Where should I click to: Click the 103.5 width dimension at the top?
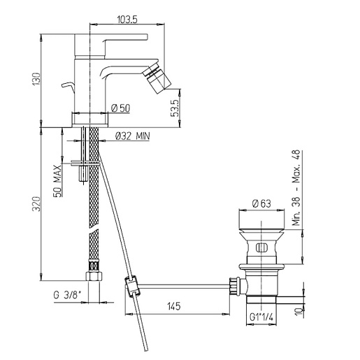click(127, 20)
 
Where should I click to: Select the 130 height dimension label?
click(36, 79)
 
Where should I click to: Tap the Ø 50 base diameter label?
click(120, 108)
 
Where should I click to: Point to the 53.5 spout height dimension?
click(175, 108)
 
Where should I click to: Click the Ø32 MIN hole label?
click(133, 136)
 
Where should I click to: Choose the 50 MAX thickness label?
click(57, 181)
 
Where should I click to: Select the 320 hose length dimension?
click(36, 204)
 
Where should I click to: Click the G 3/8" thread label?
click(67, 295)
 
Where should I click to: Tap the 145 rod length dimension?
click(174, 306)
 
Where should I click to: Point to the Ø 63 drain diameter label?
click(261, 203)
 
